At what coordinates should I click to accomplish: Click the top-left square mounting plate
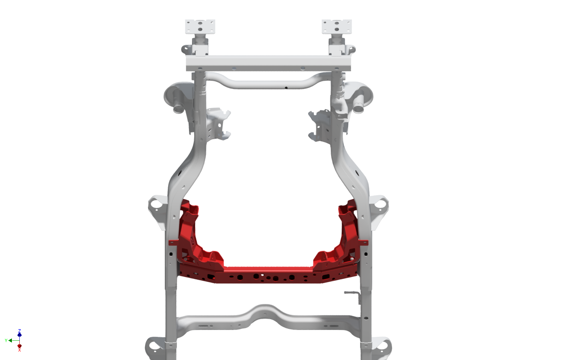click(x=200, y=27)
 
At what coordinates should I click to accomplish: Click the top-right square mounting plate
click(x=336, y=27)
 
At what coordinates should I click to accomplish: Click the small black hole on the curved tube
click(x=286, y=88)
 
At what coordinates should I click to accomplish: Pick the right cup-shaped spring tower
click(x=360, y=97)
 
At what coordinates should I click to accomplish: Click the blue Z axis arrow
click(x=19, y=334)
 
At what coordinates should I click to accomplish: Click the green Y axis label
click(x=6, y=340)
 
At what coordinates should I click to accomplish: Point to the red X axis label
click(x=19, y=350)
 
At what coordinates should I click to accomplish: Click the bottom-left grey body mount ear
click(x=153, y=346)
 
